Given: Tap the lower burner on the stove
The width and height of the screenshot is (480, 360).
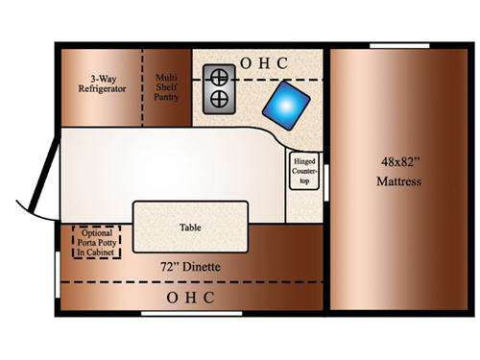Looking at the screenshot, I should (218, 100).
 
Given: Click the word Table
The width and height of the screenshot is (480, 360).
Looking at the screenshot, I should (190, 228).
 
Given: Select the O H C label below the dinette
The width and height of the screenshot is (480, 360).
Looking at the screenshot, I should (190, 298).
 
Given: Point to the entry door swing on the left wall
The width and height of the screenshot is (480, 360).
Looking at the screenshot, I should (36, 182).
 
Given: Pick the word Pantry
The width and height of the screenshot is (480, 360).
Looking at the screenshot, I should (166, 96).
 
